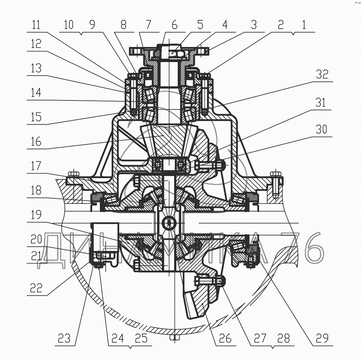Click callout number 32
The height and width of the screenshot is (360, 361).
tap(322, 74)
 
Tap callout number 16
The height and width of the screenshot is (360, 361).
tap(36, 141)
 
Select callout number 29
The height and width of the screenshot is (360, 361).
tap(322, 338)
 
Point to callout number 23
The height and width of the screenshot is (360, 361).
tap(64, 338)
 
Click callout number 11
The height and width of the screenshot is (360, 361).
tap(36, 24)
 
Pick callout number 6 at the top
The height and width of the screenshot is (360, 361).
tap(175, 24)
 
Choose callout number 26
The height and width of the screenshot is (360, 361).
tap(225, 338)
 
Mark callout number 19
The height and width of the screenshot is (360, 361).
tap(36, 214)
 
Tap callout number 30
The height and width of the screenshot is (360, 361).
tap(321, 129)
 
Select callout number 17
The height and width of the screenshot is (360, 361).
tap(36, 166)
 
